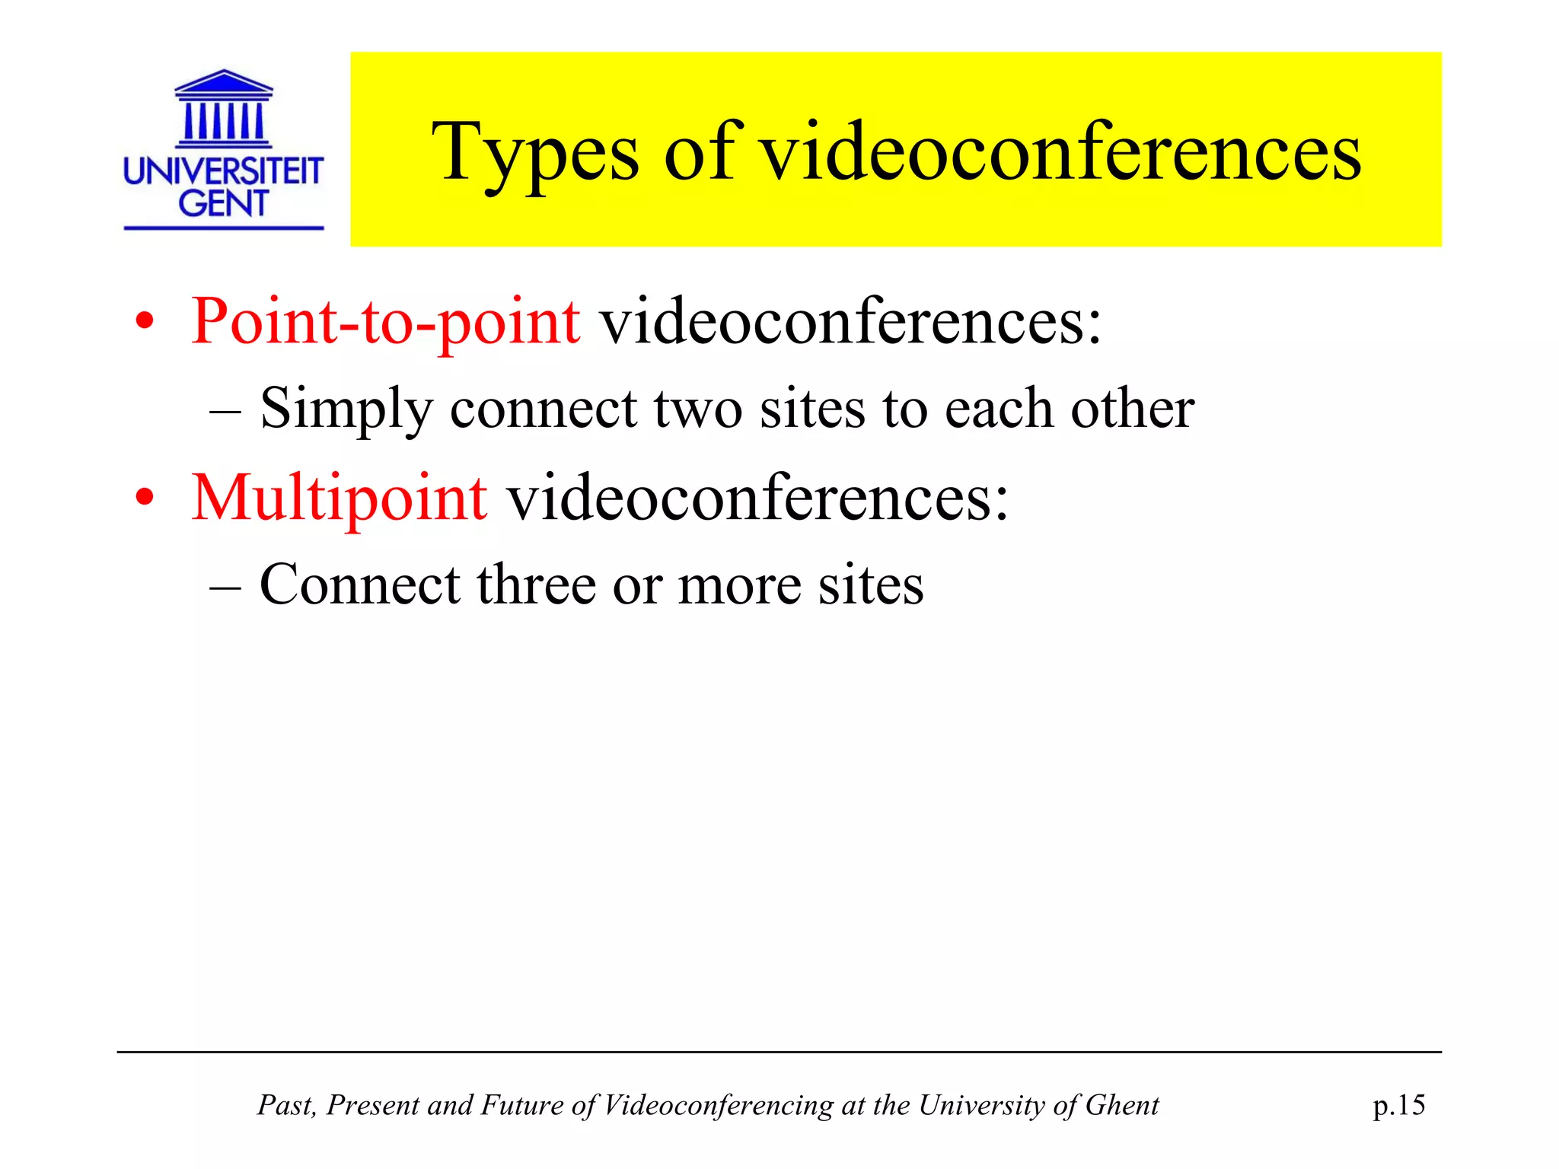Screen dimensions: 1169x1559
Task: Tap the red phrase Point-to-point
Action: click(x=385, y=321)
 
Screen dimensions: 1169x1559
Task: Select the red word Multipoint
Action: click(x=339, y=498)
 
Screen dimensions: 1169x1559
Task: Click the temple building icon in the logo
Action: click(x=224, y=107)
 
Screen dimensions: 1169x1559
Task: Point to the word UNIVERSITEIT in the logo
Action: click(x=224, y=172)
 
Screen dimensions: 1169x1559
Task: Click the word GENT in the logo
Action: click(x=224, y=203)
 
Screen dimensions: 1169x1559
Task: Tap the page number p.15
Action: click(x=1398, y=1105)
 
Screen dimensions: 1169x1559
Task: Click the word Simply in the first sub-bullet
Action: click(x=346, y=409)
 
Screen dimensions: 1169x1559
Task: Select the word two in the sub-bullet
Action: click(x=697, y=409)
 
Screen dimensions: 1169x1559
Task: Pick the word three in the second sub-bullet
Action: click(x=537, y=585)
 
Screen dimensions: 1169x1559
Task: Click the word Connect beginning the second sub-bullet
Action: click(x=360, y=585)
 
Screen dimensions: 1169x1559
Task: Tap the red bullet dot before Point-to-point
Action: click(x=145, y=323)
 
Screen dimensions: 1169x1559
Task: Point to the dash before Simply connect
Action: click(x=225, y=411)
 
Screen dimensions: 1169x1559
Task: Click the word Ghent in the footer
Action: click(x=1122, y=1105)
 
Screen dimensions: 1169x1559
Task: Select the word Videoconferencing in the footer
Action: click(x=718, y=1105)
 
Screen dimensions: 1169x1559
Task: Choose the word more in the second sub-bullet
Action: click(x=739, y=585)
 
